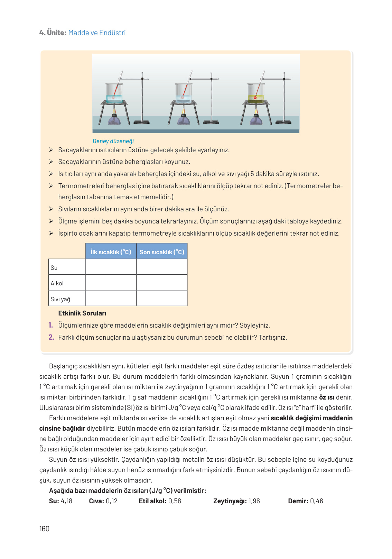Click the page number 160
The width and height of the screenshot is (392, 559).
pyautogui.click(x=44, y=529)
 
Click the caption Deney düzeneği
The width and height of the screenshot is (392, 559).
pyautogui.click(x=113, y=141)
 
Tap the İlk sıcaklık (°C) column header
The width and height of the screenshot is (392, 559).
pyautogui.click(x=111, y=252)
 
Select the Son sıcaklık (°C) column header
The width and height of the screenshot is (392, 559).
pyautogui.click(x=162, y=252)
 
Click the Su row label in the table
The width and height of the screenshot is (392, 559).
pyautogui.click(x=54, y=268)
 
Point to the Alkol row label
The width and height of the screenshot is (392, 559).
pyautogui.click(x=57, y=283)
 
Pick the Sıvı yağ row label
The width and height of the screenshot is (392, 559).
pyautogui.click(x=60, y=299)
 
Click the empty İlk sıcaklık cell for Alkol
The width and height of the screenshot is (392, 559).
pyautogui.click(x=111, y=283)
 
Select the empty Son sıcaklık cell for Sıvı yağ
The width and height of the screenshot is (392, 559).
pyautogui.click(x=162, y=298)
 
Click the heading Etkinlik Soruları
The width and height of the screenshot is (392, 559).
pyautogui.click(x=82, y=313)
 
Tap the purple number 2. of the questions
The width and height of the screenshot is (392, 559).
pyautogui.click(x=51, y=337)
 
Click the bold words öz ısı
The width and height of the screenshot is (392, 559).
pyautogui.click(x=326, y=397)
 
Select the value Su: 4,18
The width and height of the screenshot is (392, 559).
pyautogui.click(x=61, y=501)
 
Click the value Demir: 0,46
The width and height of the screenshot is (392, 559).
pyautogui.click(x=306, y=501)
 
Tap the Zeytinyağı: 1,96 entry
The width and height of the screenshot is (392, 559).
pyautogui.click(x=236, y=501)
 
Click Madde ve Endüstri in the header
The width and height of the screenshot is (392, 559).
pyautogui.click(x=97, y=33)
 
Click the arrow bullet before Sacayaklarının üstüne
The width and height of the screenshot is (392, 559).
pyautogui.click(x=51, y=162)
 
